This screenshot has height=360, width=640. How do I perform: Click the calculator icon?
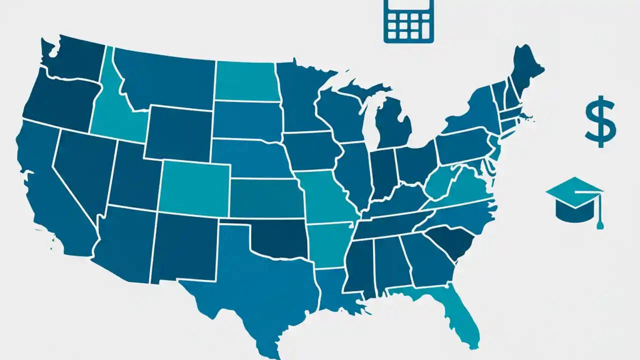pyautogui.click(x=408, y=20)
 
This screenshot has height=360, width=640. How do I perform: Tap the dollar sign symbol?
pyautogui.click(x=600, y=122)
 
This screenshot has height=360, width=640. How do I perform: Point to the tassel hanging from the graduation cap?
pyautogui.click(x=599, y=220)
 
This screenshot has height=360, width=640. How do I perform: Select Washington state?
pyautogui.click(x=75, y=60)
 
